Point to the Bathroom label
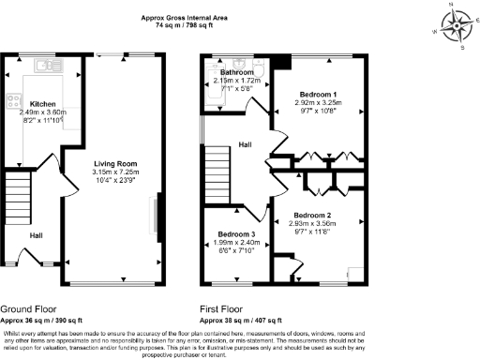[237, 72]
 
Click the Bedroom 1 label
[318, 96]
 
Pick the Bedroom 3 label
[236, 233]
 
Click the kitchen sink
[45, 66]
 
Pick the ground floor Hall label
[36, 235]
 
